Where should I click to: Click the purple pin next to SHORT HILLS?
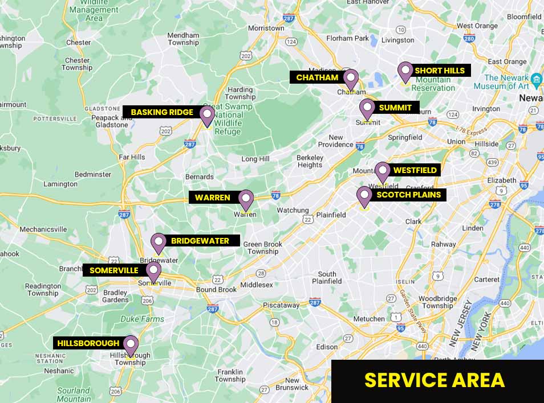click(x=405, y=71)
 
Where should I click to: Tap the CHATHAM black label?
click(x=317, y=77)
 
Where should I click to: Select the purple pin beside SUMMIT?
click(x=367, y=108)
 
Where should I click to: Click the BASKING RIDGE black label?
click(x=162, y=112)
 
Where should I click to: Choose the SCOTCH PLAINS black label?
click(x=408, y=195)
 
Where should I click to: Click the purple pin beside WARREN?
click(x=246, y=199)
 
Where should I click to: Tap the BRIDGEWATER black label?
click(x=200, y=241)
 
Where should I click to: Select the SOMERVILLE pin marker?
click(x=153, y=270)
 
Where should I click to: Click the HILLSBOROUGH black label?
click(x=88, y=343)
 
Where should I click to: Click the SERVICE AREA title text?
click(x=435, y=380)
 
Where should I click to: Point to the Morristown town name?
click(x=266, y=28)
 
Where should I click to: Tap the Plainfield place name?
click(x=331, y=215)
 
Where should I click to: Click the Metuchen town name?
click(x=369, y=319)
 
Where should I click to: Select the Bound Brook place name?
click(x=216, y=290)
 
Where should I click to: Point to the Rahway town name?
click(x=443, y=244)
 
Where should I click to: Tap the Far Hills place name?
click(x=132, y=157)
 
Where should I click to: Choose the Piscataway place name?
click(x=281, y=305)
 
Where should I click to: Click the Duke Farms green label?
click(x=142, y=319)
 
